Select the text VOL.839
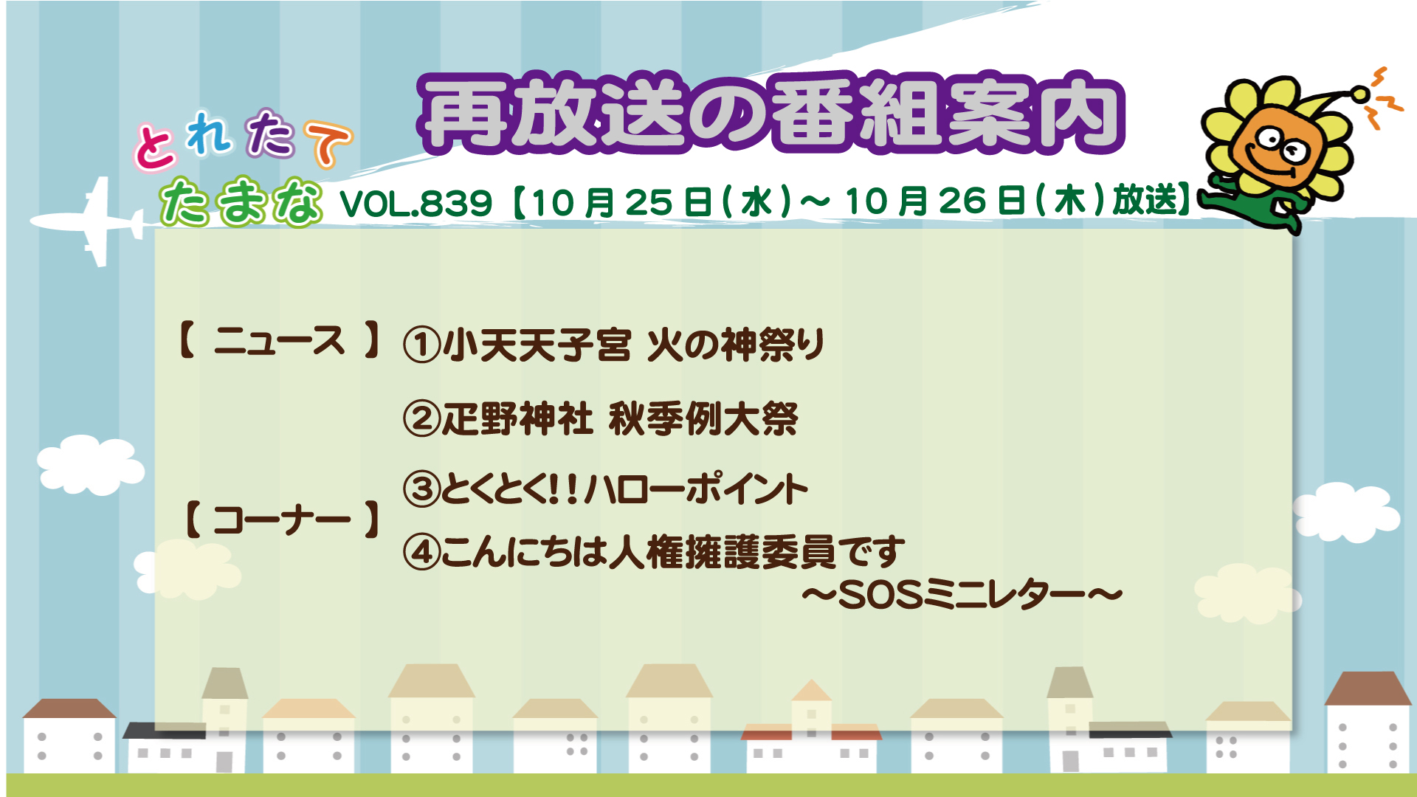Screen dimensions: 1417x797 pyautogui.click(x=416, y=203)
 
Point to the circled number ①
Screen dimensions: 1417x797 pyautogui.click(x=422, y=345)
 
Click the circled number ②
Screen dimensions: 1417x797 pyautogui.click(x=422, y=418)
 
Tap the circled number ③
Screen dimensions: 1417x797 pyautogui.click(x=422, y=489)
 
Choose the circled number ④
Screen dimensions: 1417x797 pyautogui.click(x=422, y=552)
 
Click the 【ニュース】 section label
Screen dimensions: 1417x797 pyautogui.click(x=280, y=341)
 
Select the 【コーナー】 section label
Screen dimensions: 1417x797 pyautogui.click(x=281, y=519)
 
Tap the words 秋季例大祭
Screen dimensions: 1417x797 pyautogui.click(x=703, y=419)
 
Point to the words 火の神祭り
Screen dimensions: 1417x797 pyautogui.click(x=736, y=345)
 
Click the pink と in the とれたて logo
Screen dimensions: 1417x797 pyautogui.click(x=155, y=146)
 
